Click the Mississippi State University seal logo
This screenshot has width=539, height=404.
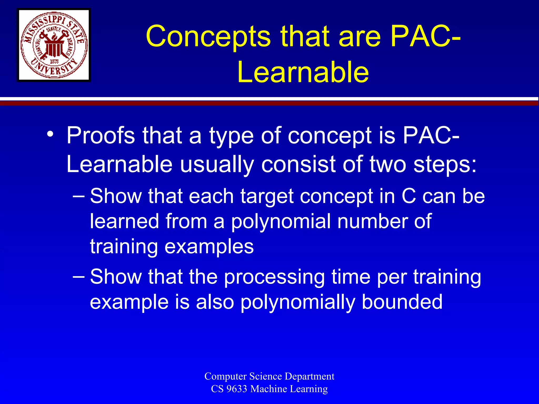[x=54, y=45]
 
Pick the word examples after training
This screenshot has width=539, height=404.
[x=209, y=247]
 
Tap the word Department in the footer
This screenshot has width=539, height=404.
[x=310, y=376]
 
